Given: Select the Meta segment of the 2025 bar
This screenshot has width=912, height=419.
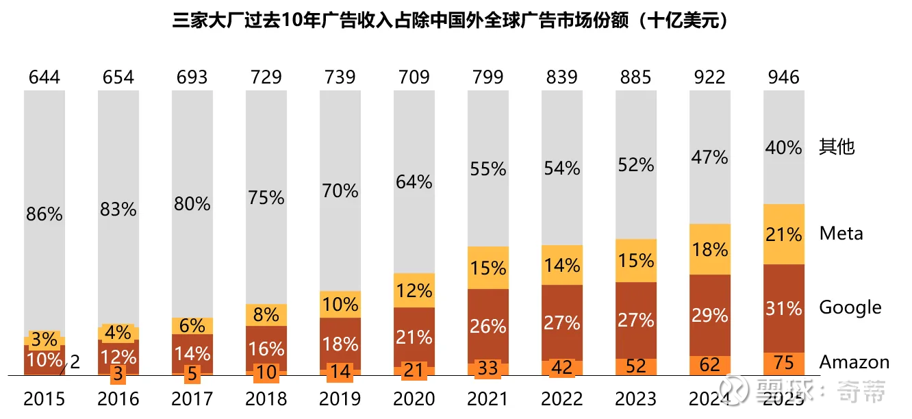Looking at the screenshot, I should [x=784, y=234].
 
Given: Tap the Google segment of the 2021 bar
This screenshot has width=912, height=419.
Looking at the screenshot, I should [x=488, y=326].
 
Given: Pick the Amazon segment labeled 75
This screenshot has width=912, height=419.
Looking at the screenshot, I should [x=784, y=363].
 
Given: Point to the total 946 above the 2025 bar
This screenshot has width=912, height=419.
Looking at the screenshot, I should [x=784, y=77].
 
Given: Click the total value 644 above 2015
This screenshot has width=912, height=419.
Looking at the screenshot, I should [x=45, y=77].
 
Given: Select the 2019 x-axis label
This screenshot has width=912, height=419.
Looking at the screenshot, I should [x=340, y=398].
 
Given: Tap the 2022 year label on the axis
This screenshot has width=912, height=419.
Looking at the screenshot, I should [x=562, y=398].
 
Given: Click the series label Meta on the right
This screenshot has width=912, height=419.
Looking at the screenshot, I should [x=841, y=233].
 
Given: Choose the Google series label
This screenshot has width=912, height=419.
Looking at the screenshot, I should [x=850, y=307].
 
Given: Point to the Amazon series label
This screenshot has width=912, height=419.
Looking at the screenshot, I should [x=854, y=362].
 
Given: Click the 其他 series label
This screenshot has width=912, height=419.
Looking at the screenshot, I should [x=837, y=147].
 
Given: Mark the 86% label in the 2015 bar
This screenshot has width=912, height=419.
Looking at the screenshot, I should [x=45, y=214].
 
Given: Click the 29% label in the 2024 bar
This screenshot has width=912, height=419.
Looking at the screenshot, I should [x=710, y=316].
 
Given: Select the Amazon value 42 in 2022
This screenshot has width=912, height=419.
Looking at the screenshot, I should [x=562, y=367].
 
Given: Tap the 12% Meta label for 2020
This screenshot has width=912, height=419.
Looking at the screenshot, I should [x=414, y=291].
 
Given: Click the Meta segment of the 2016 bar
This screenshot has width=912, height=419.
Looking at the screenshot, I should [x=118, y=332].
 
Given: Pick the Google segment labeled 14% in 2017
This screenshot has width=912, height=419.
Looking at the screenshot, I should [x=192, y=353].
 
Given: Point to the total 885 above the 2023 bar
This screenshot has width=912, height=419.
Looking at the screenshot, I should [x=636, y=77].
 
